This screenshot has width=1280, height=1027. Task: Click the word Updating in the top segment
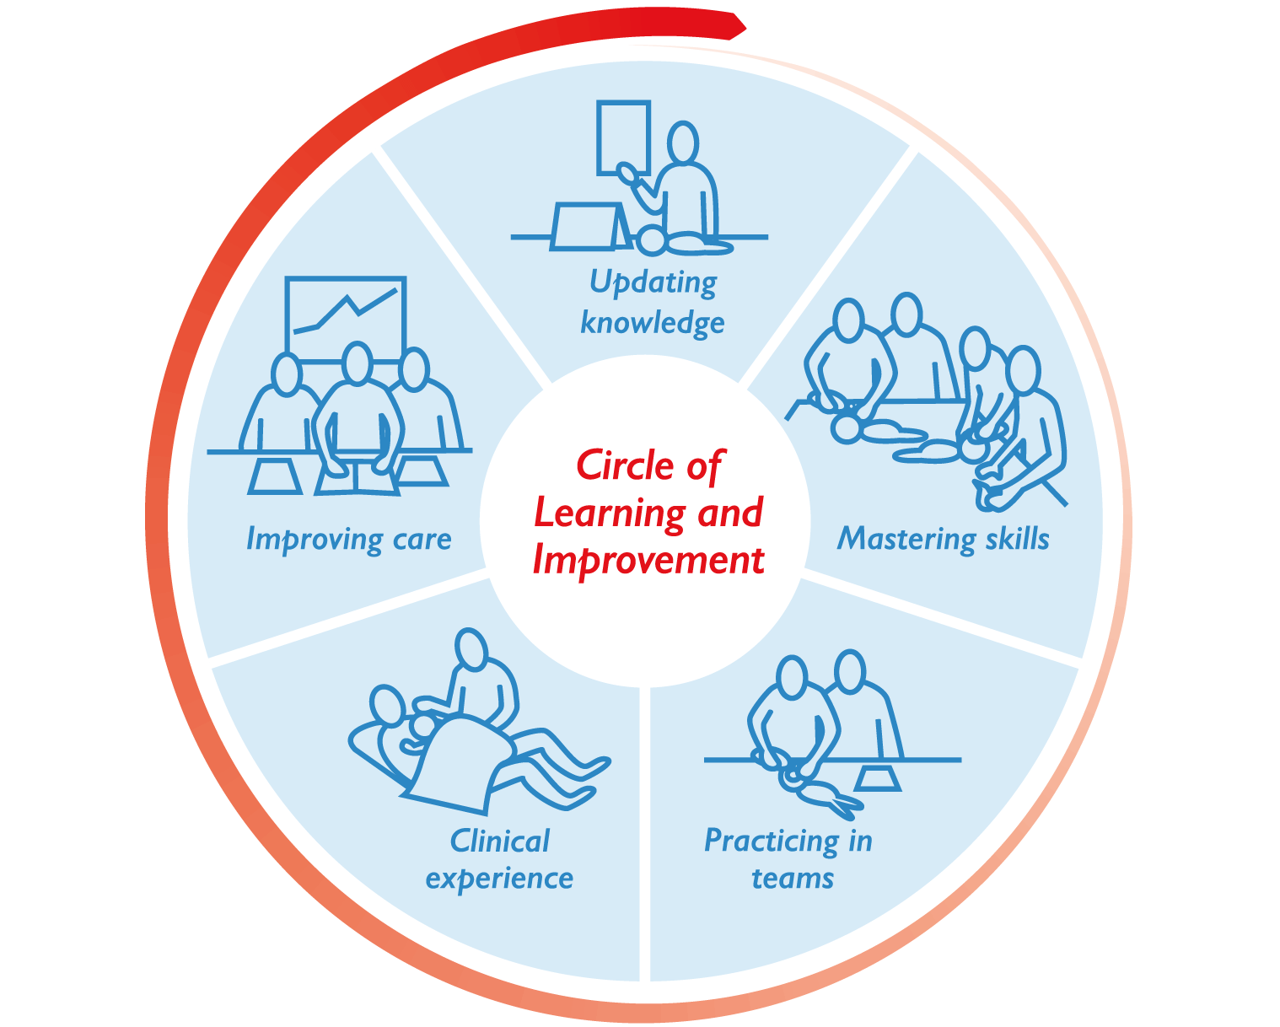(653, 282)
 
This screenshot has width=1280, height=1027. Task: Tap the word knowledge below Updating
(653, 322)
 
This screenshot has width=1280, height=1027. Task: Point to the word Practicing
(770, 841)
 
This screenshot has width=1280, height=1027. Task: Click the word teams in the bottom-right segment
(792, 879)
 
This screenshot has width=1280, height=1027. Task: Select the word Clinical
(499, 841)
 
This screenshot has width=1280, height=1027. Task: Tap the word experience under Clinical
(499, 879)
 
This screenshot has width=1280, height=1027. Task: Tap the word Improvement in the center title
(648, 560)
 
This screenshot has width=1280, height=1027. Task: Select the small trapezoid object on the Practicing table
(879, 777)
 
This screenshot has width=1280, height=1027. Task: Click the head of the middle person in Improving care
(358, 363)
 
